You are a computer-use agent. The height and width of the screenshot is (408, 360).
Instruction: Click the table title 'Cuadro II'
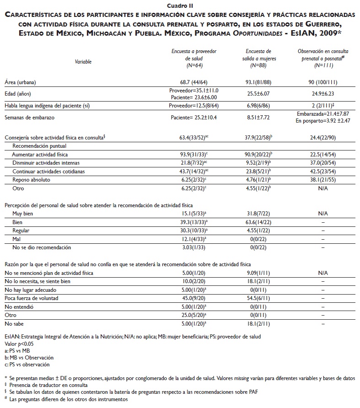click(x=180, y=5)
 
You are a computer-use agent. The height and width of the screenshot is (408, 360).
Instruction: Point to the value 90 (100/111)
click(x=317, y=82)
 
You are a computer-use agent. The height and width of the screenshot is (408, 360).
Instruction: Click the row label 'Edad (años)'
click(x=18, y=94)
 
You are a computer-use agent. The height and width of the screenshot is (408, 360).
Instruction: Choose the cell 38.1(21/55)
click(x=317, y=180)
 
